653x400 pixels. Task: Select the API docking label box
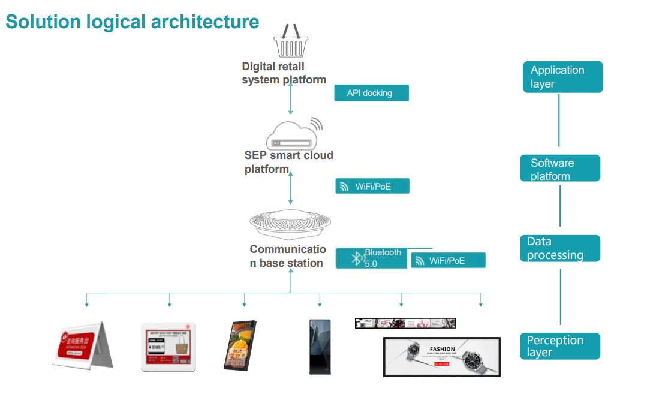371,93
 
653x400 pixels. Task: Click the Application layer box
562,77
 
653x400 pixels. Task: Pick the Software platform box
559,169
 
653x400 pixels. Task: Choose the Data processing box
559,248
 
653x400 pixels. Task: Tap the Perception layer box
559,346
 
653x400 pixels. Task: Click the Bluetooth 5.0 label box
372,258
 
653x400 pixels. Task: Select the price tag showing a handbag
168,347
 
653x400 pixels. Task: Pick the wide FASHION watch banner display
441,357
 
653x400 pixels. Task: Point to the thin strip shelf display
405,323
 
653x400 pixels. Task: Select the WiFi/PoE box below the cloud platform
372,187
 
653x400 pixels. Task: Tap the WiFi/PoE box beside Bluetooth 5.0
448,261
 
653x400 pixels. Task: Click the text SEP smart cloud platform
288,162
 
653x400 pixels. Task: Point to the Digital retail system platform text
284,73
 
